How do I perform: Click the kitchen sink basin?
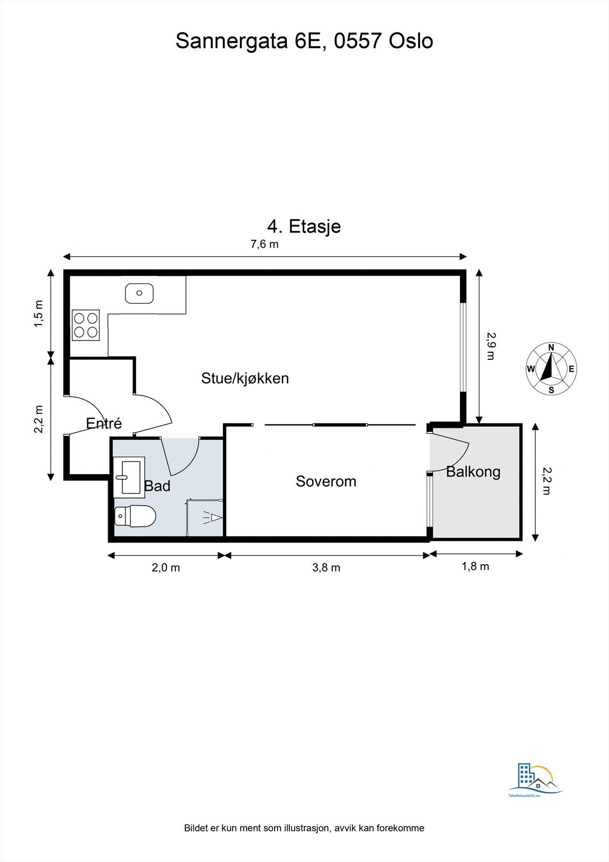[139, 293]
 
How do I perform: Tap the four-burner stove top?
[86, 325]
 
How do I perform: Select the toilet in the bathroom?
[135, 516]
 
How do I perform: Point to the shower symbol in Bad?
[212, 518]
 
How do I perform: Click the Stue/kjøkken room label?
[245, 378]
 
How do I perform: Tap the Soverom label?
[326, 482]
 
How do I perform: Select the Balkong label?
[473, 472]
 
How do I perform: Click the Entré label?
[104, 423]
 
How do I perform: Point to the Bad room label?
[157, 486]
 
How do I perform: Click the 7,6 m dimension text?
[264, 244]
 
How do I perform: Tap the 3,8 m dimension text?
[326, 568]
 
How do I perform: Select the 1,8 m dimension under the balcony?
[475, 566]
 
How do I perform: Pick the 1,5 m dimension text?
[39, 314]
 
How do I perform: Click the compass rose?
[551, 369]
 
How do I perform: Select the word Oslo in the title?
[411, 41]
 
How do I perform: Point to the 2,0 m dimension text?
[166, 568]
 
